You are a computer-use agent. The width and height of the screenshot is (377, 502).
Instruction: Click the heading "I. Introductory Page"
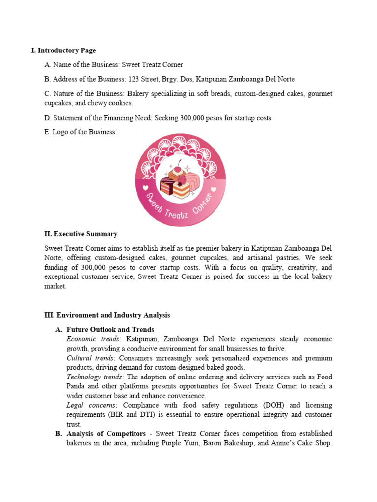click(63, 50)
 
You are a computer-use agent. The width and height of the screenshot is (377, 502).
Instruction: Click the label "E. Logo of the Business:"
click(81, 132)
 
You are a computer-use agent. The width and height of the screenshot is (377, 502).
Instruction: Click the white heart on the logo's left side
click(145, 187)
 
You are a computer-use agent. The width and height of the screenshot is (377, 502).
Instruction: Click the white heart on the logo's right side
click(216, 187)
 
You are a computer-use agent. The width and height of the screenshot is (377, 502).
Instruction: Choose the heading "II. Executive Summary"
click(81, 234)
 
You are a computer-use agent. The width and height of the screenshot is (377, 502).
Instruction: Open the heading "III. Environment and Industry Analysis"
click(107, 315)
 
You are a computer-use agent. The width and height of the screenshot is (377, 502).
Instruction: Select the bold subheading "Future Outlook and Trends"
click(110, 330)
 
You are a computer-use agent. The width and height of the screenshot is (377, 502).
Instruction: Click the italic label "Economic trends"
click(93, 339)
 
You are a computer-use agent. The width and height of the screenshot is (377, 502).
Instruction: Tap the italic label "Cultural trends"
click(92, 358)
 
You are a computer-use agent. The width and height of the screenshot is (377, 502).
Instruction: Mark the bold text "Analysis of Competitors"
click(106, 434)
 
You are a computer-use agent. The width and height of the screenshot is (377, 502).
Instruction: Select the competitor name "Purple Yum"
click(180, 443)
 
